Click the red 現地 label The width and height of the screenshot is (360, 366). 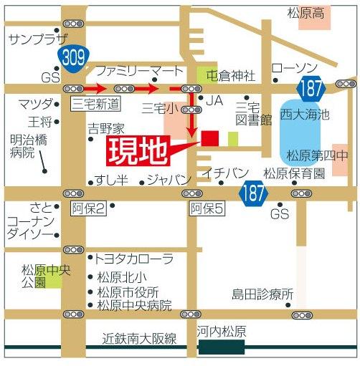coord(138,151)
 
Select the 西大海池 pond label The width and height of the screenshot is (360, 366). coord(303,114)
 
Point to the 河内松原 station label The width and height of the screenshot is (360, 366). coord(222,332)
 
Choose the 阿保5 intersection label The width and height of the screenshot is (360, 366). coord(207,208)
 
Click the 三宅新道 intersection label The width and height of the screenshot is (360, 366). coord(96,105)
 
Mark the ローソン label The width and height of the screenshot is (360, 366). coord(294,67)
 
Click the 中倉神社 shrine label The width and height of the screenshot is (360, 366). coord(231,74)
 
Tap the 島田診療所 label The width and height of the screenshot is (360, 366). coord(262,294)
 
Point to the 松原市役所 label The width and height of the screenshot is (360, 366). coord(128,292)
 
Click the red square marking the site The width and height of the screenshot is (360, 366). coord(210,138)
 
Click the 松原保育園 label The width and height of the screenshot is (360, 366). coord(294,173)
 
